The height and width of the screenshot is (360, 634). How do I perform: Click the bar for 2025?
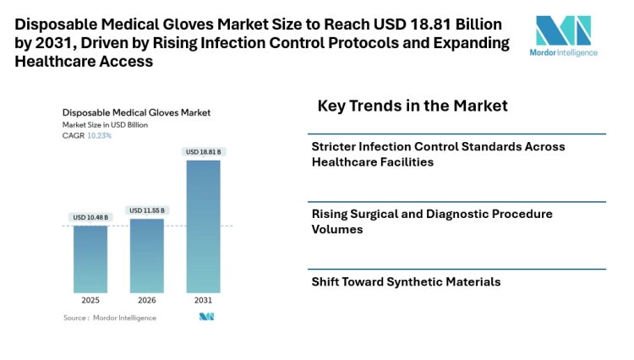click(x=90, y=259)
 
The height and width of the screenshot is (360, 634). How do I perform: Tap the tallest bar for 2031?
click(x=203, y=226)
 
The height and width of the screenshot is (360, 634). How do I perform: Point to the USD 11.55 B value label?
click(x=146, y=210)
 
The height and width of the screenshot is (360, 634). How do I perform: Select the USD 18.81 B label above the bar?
click(x=203, y=152)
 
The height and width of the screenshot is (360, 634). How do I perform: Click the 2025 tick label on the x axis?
click(x=90, y=300)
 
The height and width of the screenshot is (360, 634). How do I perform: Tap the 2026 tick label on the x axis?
click(x=146, y=300)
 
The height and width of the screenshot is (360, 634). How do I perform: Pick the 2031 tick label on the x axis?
click(x=203, y=300)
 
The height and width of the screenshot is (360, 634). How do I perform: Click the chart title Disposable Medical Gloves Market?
click(x=136, y=112)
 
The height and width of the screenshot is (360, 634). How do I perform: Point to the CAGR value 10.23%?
click(x=100, y=135)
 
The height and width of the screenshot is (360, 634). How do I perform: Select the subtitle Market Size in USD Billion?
click(x=105, y=124)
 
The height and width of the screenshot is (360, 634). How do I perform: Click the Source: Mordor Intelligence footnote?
click(x=98, y=318)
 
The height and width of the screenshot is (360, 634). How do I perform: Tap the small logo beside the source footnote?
click(x=206, y=317)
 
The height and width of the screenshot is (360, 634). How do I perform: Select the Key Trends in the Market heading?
click(x=413, y=106)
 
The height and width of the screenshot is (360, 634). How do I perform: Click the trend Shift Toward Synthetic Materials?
click(x=406, y=281)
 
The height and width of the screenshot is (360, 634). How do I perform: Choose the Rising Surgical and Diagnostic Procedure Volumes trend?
click(x=432, y=221)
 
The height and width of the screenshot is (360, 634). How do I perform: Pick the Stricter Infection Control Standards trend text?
click(x=439, y=154)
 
